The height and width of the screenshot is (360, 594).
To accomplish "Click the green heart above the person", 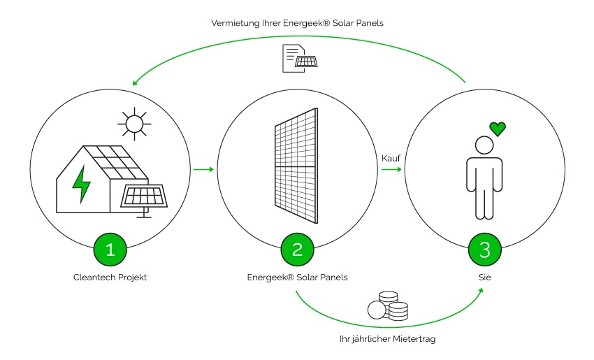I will click(x=497, y=129).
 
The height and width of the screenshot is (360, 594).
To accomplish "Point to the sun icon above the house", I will click(x=134, y=124).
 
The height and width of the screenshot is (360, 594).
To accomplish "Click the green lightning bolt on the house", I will click(x=82, y=183).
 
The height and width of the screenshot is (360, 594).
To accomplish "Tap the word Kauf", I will click(x=391, y=158).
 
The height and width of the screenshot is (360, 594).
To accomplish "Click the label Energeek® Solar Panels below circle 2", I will click(x=298, y=278).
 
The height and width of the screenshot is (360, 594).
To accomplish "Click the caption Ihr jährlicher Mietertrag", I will click(x=388, y=339).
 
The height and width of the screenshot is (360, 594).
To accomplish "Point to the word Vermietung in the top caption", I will click(x=235, y=23).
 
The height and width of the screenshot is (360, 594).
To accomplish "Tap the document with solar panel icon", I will click(x=298, y=57).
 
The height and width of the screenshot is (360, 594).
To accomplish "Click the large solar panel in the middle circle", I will click(x=297, y=168).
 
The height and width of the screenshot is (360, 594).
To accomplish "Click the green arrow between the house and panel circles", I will click(x=202, y=169).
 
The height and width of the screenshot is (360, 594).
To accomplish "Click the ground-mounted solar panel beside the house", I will click(x=145, y=196).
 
